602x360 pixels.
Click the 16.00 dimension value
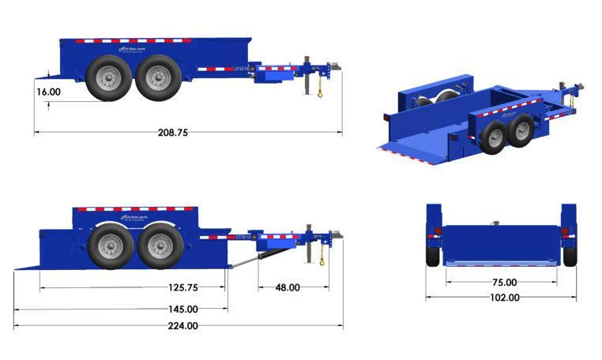[x=48, y=92]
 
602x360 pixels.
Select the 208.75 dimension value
[x=172, y=133]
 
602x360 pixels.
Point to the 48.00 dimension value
[x=285, y=287]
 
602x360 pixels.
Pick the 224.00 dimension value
[x=182, y=325]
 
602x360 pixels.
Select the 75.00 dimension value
[x=503, y=282]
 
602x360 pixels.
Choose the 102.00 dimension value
[x=503, y=298]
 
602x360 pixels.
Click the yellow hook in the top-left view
[x=320, y=94]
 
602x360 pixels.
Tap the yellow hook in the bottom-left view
[x=322, y=261]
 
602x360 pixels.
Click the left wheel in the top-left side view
[x=107, y=78]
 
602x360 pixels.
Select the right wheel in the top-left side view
[x=158, y=78]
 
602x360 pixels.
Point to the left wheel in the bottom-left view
[x=111, y=246]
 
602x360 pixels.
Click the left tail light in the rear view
[x=434, y=232]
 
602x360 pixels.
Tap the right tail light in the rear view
[x=565, y=232]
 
